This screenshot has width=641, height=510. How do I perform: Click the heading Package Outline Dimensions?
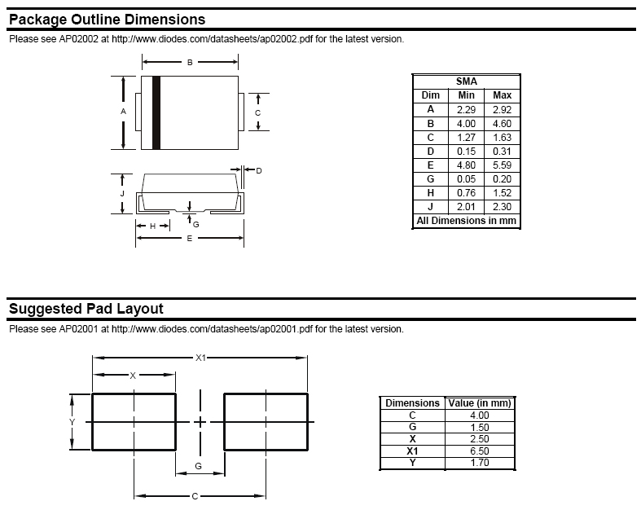click(x=107, y=20)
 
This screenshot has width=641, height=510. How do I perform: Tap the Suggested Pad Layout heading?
click(x=86, y=309)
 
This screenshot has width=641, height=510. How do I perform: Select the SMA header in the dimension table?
click(x=467, y=81)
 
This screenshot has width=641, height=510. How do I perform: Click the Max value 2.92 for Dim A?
click(x=502, y=109)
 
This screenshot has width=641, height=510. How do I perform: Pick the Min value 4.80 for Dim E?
click(x=466, y=165)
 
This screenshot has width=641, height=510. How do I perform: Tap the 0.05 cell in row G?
click(x=466, y=178)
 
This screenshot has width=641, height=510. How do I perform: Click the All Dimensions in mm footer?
click(x=467, y=221)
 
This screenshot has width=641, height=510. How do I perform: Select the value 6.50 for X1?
click(x=479, y=451)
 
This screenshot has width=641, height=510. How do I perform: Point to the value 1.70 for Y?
click(x=479, y=463)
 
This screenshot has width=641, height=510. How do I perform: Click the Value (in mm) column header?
click(x=479, y=402)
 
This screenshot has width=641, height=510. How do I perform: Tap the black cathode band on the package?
click(x=156, y=112)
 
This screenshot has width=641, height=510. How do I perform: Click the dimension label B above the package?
click(x=190, y=62)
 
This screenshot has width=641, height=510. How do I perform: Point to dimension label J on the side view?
click(x=122, y=194)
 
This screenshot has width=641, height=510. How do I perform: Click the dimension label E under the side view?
click(x=190, y=239)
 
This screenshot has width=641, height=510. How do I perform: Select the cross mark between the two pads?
click(x=200, y=421)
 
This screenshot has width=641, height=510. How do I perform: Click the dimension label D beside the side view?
click(x=258, y=171)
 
